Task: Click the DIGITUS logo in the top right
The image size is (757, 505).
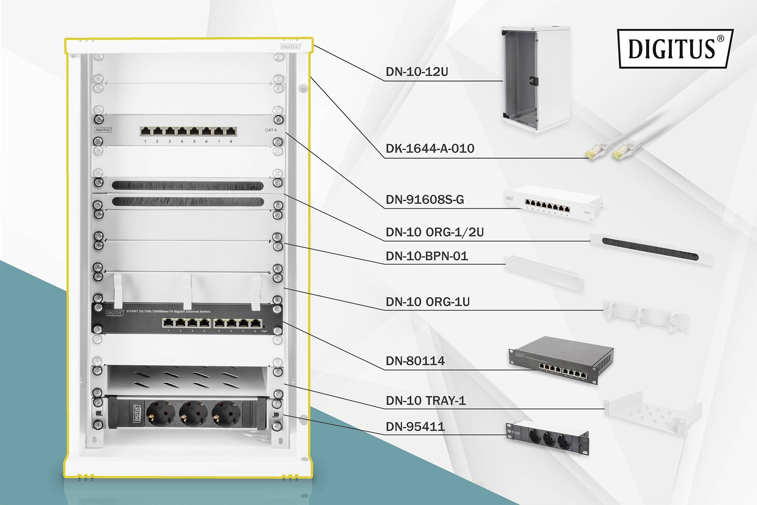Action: [x=675, y=48]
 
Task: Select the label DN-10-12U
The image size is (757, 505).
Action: [x=416, y=72]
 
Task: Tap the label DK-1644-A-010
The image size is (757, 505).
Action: [x=430, y=149]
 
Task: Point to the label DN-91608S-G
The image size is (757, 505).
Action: [x=424, y=200]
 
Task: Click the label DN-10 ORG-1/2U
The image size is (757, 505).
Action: [x=435, y=232]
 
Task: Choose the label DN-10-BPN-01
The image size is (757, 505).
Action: [x=427, y=256]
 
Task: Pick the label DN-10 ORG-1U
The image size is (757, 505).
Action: [x=427, y=302]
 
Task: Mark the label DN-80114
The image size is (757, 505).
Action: [x=415, y=361]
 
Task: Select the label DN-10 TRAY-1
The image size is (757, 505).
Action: [x=425, y=400]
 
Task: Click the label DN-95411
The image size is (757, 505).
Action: [x=415, y=427]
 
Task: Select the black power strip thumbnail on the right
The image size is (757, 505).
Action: [x=548, y=438]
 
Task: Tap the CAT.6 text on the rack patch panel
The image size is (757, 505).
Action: [x=271, y=130]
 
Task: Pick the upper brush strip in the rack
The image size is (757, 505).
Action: [x=188, y=186]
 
